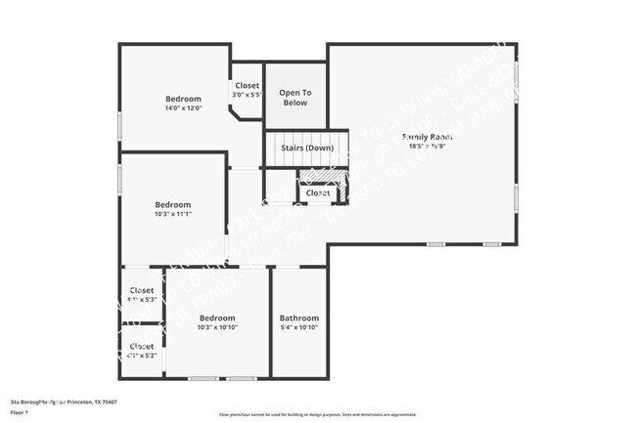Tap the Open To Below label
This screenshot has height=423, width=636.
[x=295, y=97]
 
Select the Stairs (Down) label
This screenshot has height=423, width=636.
[x=307, y=148]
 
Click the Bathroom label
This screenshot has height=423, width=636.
[x=298, y=317]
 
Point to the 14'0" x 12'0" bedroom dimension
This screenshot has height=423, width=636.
[x=183, y=108]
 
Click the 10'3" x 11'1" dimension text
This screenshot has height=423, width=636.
[x=172, y=214]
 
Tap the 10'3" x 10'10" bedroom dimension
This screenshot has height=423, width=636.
[x=217, y=327]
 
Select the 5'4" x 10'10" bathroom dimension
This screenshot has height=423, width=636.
[x=298, y=327]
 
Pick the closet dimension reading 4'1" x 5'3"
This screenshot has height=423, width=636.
[x=142, y=299]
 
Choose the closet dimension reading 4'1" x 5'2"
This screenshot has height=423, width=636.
[x=142, y=356]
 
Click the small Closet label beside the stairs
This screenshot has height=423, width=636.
[x=318, y=193]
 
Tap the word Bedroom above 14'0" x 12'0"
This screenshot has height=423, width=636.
[x=183, y=99]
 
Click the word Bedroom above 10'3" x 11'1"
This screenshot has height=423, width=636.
[x=172, y=204]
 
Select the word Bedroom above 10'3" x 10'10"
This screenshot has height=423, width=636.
[x=217, y=317]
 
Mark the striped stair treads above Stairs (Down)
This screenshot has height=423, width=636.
[x=307, y=136]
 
